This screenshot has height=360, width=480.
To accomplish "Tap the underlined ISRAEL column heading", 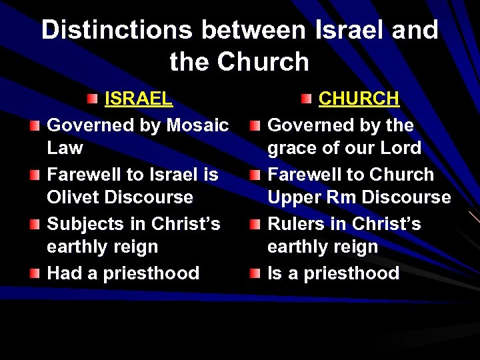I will point(139,99).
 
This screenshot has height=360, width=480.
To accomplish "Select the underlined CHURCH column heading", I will point(359,99).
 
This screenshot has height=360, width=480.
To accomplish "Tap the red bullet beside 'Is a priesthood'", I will point(256,273).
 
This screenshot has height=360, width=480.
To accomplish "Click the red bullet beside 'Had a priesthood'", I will point(35,273).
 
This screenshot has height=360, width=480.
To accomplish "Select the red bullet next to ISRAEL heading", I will point(91,99).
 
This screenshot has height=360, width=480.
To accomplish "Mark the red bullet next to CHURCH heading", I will point(306,99).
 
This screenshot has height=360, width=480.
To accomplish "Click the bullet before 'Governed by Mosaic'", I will point(35,125).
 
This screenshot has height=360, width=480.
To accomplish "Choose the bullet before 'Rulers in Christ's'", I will point(256,224).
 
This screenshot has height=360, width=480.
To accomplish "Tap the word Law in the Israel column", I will point(65,148).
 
